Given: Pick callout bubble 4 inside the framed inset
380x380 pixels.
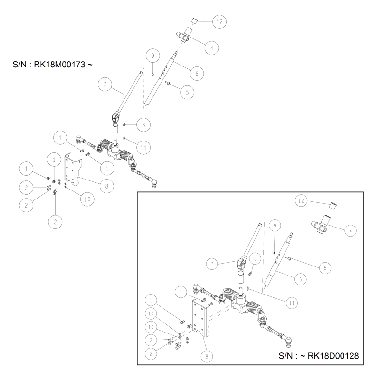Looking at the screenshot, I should [350, 230].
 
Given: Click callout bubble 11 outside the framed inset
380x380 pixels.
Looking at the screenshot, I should [142, 147].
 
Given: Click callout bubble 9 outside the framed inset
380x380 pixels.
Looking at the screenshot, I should [152, 56].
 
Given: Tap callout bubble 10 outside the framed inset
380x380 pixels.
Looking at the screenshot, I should [86, 199].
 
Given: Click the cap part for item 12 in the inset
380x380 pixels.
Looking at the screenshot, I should [333, 205].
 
